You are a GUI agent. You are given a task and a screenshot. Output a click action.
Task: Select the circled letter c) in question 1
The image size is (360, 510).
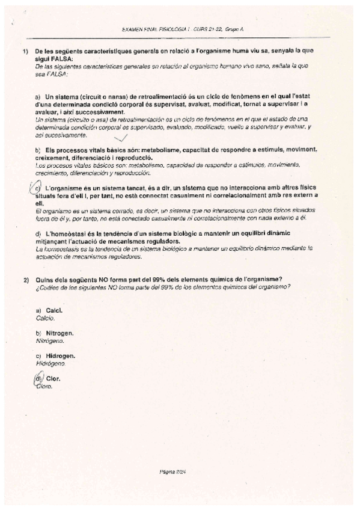coord(37,188)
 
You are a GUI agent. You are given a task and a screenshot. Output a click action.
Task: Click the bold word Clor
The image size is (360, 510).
coord(53,379)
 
